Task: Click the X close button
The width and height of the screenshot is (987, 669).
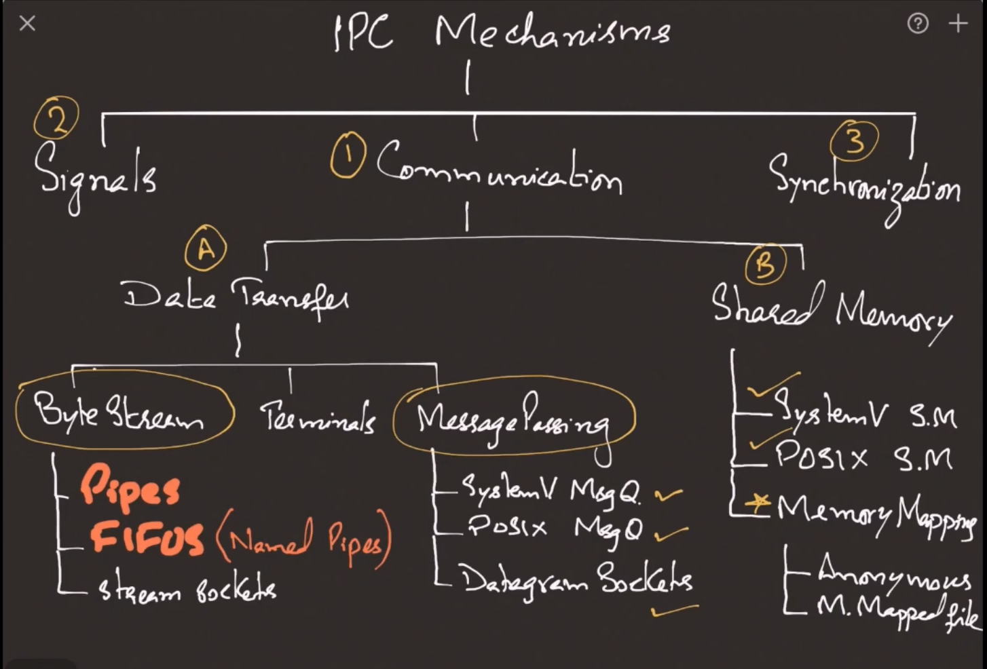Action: (27, 24)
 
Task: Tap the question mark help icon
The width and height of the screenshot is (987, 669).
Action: (918, 24)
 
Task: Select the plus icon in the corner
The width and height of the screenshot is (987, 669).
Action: (958, 24)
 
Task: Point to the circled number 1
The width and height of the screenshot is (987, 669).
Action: (348, 155)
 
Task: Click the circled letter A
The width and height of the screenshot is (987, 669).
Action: (206, 249)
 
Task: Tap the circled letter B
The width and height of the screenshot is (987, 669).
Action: (765, 265)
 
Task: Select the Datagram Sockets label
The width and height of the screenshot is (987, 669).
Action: (576, 581)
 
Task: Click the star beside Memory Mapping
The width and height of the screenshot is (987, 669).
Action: (758, 503)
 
